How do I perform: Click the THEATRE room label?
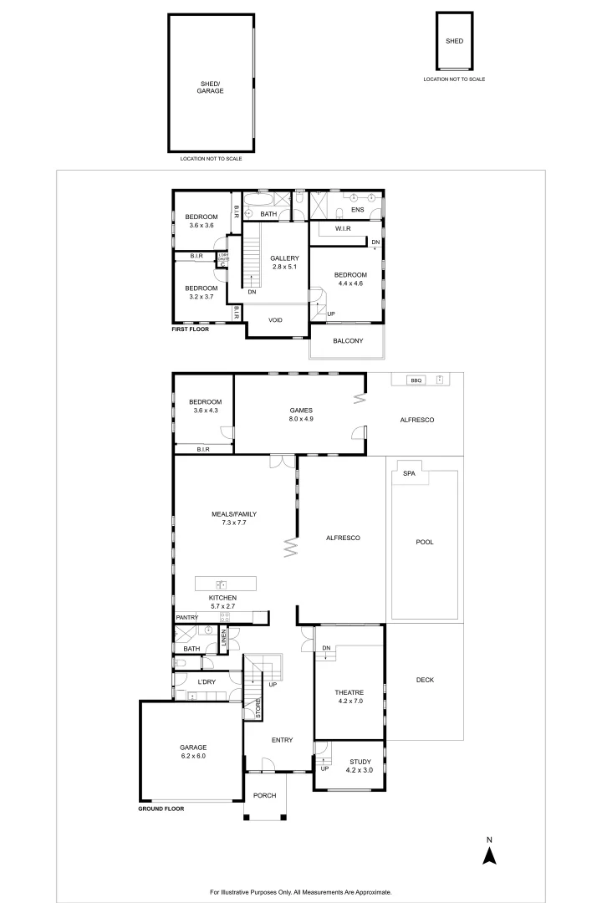tap(349, 692)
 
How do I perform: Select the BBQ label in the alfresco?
tap(416, 380)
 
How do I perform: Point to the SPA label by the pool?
tap(409, 474)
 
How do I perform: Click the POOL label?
tap(425, 542)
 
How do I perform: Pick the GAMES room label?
tap(301, 411)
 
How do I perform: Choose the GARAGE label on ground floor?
tap(193, 747)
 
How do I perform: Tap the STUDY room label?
tap(360, 761)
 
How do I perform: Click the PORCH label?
tap(264, 795)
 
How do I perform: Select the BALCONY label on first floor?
tap(348, 340)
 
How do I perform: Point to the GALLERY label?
tap(284, 258)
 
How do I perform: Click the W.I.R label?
tap(342, 228)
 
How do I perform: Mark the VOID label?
tap(275, 320)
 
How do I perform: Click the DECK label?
tap(425, 680)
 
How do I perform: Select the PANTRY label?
tap(186, 618)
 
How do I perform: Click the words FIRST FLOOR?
tap(189, 329)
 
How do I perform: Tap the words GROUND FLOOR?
tap(161, 809)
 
